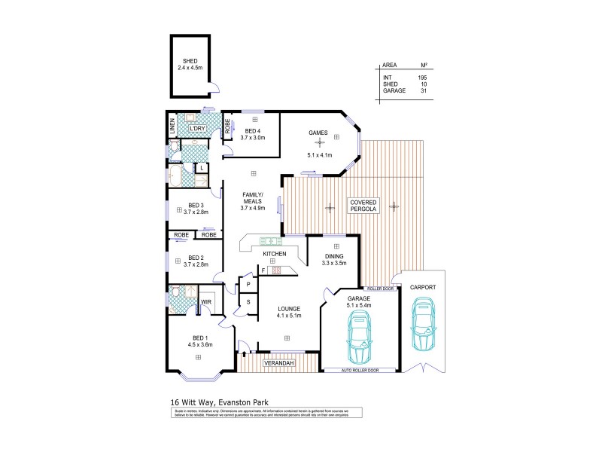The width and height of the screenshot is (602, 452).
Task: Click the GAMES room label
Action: pos(318,133)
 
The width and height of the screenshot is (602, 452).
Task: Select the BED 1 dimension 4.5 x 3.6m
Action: pos(200,345)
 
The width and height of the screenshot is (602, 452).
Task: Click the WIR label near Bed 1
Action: pos(205,303)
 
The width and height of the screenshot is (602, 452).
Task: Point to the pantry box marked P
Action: pos(248,284)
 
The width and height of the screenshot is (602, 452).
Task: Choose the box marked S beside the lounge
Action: pos(248,302)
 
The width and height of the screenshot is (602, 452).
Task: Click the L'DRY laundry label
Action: pos(197,129)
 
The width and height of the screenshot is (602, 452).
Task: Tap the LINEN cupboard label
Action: pos(172,125)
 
